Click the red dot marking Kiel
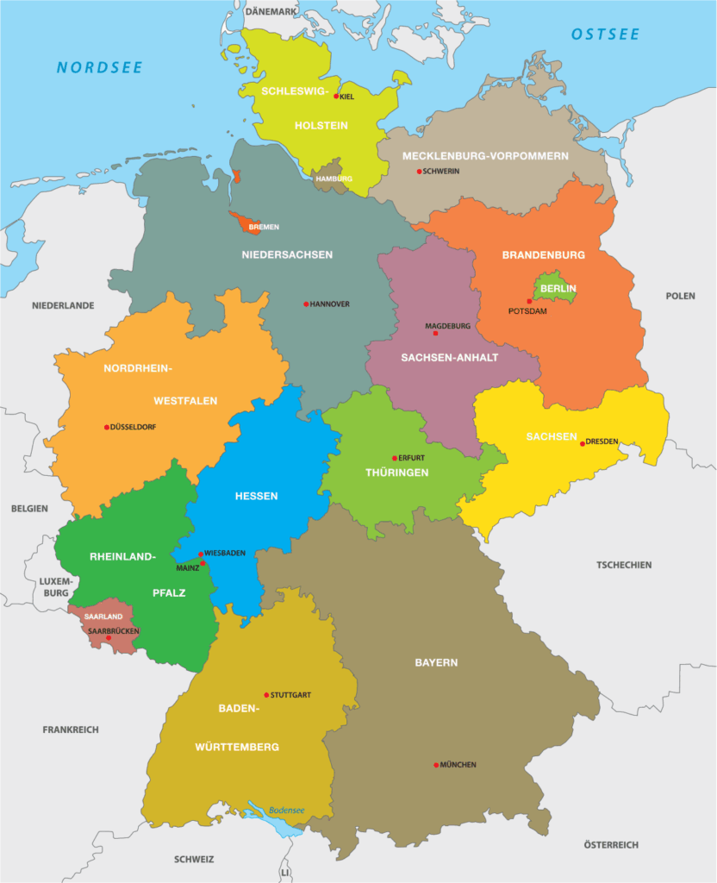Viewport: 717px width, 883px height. [x=336, y=97]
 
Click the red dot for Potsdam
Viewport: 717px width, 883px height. [x=529, y=301]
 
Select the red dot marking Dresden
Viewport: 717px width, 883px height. [x=583, y=443]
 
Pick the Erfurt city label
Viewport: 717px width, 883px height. [x=412, y=458]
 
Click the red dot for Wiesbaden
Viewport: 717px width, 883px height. [x=201, y=554]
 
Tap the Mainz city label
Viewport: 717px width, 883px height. [x=187, y=568]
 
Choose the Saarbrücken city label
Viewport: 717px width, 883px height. [x=113, y=631]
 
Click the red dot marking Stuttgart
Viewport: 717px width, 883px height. [x=266, y=695]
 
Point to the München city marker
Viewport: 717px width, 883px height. [x=437, y=765]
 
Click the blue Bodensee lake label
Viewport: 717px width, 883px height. [x=287, y=811]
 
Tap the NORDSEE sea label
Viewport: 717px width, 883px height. [x=99, y=67]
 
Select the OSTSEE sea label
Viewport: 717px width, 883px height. [x=605, y=34]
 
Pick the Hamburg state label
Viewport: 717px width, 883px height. [x=334, y=178]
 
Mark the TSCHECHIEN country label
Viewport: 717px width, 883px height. [x=624, y=565]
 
